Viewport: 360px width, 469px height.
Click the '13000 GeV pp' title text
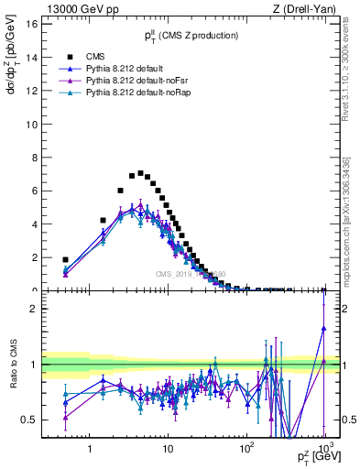(x=77, y=8)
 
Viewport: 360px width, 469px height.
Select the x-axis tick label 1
(x=90, y=450)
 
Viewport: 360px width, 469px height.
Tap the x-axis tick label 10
(x=168, y=450)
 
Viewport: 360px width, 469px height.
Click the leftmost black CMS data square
(x=65, y=259)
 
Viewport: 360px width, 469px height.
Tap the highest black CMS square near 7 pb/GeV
(x=140, y=173)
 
